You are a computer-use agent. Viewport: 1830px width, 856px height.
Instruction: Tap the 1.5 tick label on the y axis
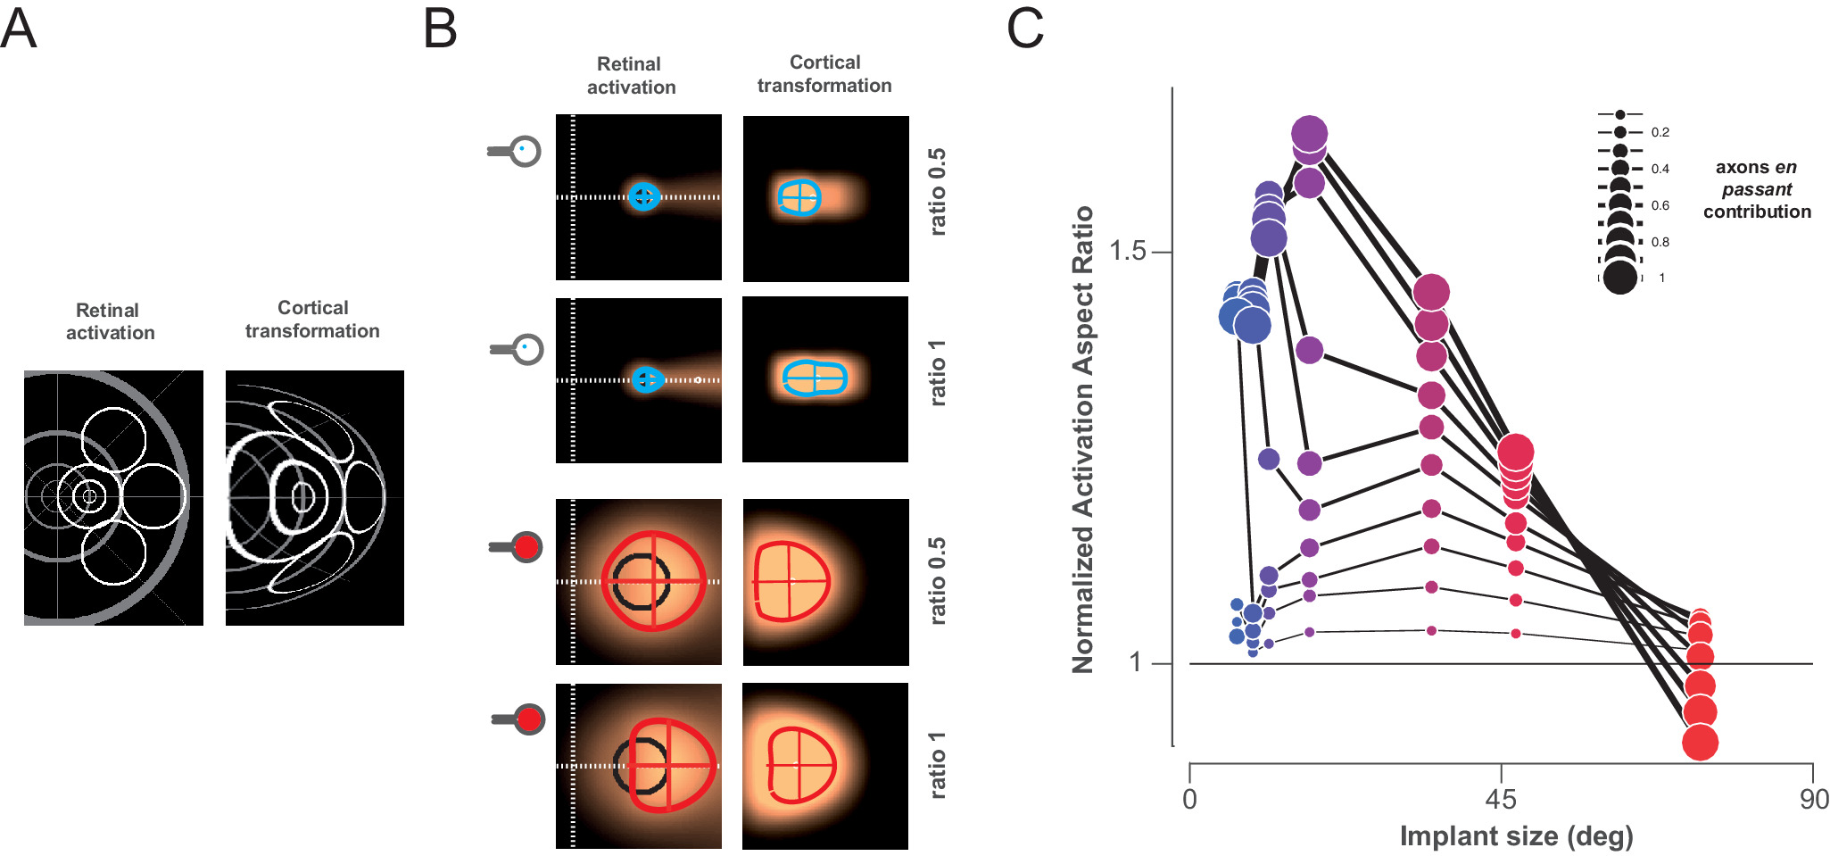[1127, 251]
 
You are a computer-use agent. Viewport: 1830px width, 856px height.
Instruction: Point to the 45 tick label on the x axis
[1501, 799]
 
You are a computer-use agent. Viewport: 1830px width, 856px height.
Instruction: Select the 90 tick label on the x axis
[1814, 799]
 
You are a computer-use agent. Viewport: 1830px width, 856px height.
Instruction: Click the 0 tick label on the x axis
[1189, 799]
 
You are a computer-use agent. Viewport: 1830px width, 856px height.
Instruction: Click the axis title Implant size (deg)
[1516, 836]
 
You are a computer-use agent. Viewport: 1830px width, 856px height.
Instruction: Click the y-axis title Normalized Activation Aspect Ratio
[1082, 439]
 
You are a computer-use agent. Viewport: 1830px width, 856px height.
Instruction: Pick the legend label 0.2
[1660, 132]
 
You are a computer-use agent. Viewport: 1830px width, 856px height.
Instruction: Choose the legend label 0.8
[1660, 242]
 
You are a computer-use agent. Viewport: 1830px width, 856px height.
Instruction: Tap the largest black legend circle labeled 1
[1620, 278]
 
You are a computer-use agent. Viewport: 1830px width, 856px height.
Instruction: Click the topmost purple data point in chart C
[1309, 134]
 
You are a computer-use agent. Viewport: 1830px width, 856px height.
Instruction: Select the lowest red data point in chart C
[1700, 743]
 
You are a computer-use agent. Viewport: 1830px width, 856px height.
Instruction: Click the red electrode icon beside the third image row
[526, 546]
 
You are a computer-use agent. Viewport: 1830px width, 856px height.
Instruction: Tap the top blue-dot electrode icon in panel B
[526, 151]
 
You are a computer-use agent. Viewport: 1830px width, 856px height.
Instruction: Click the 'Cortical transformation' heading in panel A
[312, 319]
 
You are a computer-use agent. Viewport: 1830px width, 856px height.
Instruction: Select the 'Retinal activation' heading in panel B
[631, 76]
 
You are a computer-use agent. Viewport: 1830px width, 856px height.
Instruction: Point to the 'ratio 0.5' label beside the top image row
[937, 192]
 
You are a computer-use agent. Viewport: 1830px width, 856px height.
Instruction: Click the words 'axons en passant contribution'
[1756, 189]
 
